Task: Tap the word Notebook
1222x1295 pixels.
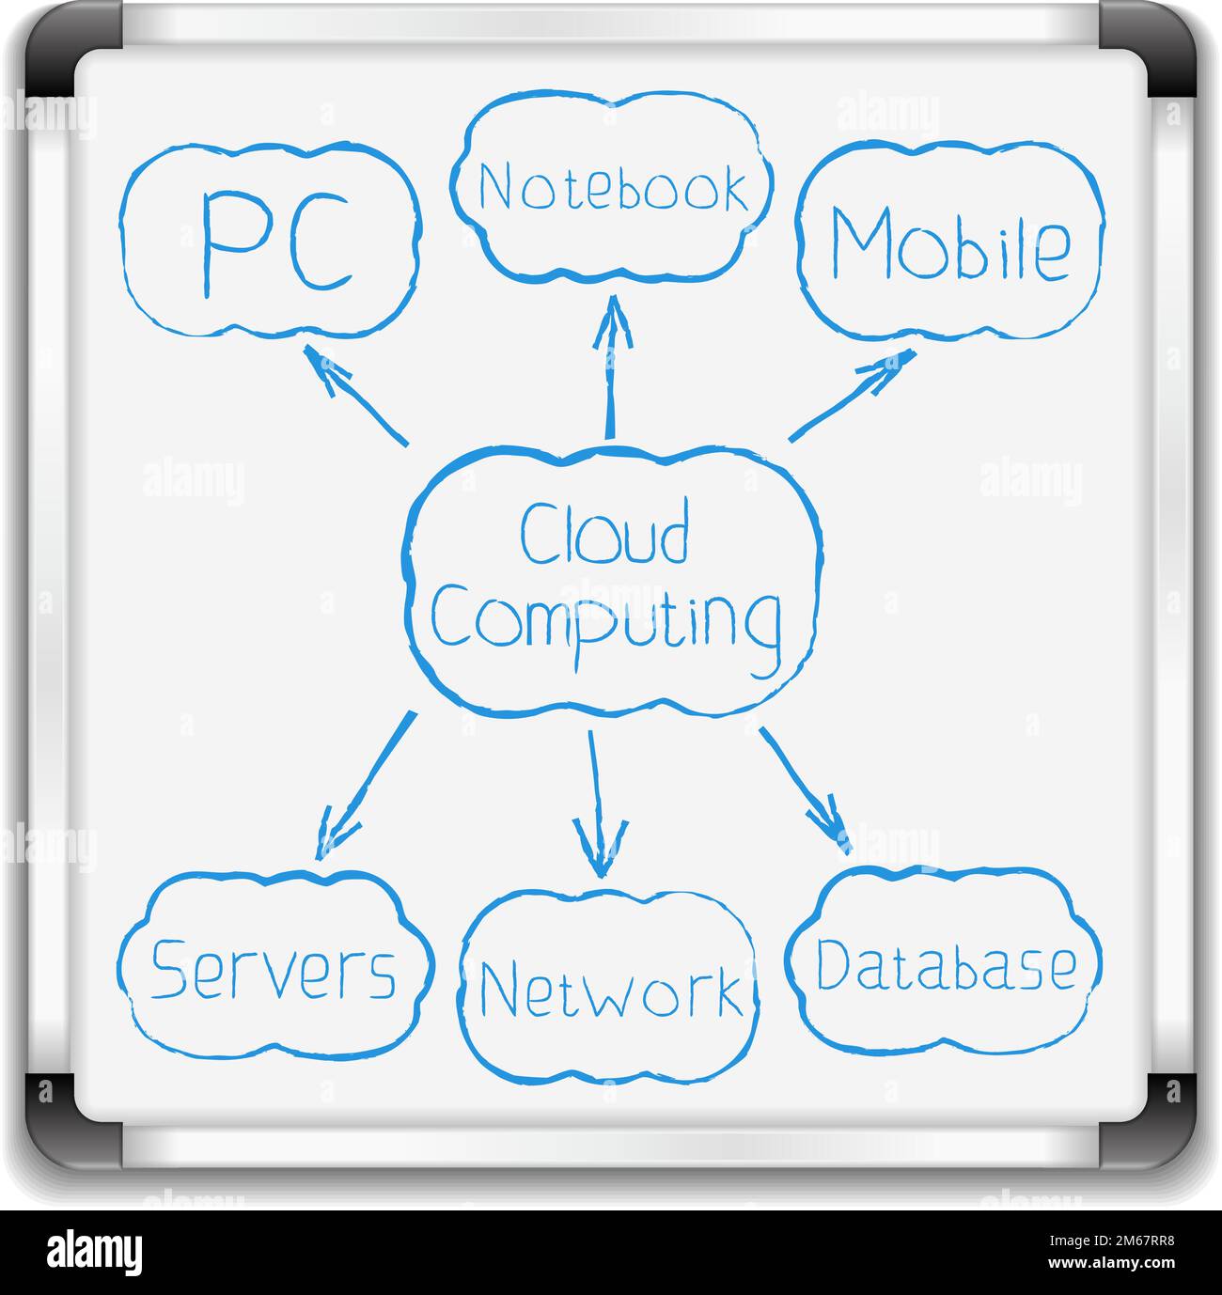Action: tap(613, 188)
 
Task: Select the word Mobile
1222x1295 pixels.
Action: tap(949, 244)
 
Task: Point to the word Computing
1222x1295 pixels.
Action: tap(607, 620)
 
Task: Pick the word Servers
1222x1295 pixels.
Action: tap(274, 970)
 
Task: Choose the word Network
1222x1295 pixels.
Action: tap(609, 990)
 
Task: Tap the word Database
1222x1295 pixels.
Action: tap(945, 966)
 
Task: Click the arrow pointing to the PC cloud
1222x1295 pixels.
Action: tap(354, 393)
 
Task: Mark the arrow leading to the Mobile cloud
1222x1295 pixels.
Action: tap(852, 395)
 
